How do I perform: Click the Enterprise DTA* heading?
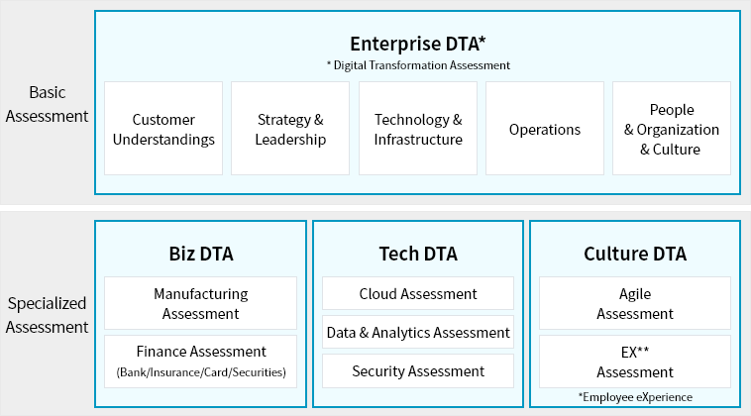[x=418, y=44]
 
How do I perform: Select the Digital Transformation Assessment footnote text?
[x=418, y=65]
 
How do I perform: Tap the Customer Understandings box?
[x=163, y=129]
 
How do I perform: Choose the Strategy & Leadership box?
[x=290, y=129]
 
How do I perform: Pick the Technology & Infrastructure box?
[x=418, y=129]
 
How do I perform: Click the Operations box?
[x=545, y=129]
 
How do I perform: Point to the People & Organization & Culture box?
[x=672, y=129]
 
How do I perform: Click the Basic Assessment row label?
[x=47, y=104]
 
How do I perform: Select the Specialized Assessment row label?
[x=47, y=315]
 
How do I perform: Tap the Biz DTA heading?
[x=201, y=254]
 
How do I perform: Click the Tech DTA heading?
[x=418, y=254]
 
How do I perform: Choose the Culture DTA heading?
[x=635, y=254]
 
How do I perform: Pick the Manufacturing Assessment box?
[x=201, y=303]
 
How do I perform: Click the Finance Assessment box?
[x=201, y=362]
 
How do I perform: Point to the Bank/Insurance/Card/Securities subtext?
[x=201, y=372]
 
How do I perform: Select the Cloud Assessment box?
[x=418, y=293]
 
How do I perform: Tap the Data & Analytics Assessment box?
[x=418, y=332]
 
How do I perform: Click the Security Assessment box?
[x=418, y=371]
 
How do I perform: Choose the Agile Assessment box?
[x=635, y=303]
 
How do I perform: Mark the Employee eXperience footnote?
[x=635, y=397]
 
